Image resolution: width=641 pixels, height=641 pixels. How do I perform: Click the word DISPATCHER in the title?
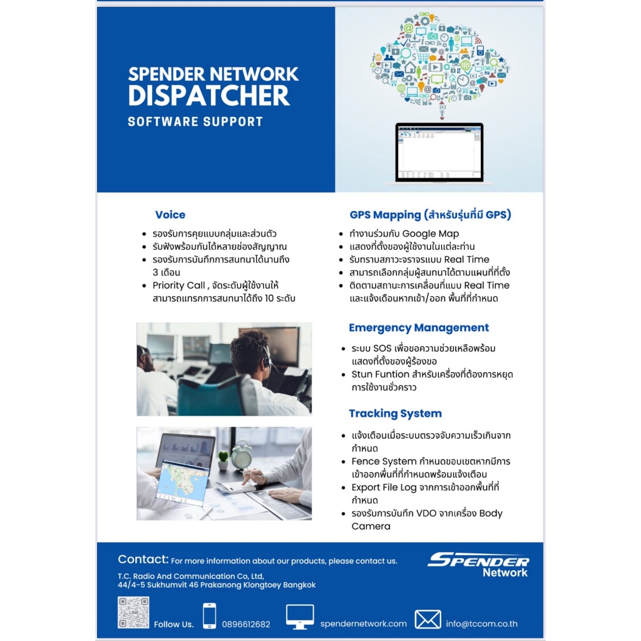(x=209, y=96)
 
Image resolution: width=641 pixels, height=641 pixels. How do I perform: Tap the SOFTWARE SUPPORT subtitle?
(x=195, y=122)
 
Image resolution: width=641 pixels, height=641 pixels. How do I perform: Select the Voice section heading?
(x=170, y=215)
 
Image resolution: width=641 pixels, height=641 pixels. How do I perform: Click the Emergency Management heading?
(x=419, y=328)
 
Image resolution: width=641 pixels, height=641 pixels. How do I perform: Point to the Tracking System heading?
(x=396, y=414)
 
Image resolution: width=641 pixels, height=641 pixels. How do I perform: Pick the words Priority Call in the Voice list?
(x=178, y=285)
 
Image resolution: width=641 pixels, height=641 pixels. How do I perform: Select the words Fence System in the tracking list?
(x=384, y=461)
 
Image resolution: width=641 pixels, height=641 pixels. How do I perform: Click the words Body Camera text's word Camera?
(x=371, y=526)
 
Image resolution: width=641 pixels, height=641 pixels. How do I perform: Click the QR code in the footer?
(x=133, y=612)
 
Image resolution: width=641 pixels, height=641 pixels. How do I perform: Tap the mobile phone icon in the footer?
(x=209, y=616)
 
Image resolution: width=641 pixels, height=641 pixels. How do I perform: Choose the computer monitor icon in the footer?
(x=300, y=617)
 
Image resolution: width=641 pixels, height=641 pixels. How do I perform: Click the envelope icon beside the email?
(x=428, y=619)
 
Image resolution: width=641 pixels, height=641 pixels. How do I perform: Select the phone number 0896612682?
(x=246, y=624)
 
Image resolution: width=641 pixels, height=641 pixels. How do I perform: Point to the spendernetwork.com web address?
(x=364, y=624)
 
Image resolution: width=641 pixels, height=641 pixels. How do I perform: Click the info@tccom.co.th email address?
(x=481, y=624)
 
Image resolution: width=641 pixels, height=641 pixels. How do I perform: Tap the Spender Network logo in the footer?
(x=478, y=565)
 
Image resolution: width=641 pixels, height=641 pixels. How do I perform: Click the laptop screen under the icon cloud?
(x=439, y=152)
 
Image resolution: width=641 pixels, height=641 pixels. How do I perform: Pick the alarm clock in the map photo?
(x=242, y=455)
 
